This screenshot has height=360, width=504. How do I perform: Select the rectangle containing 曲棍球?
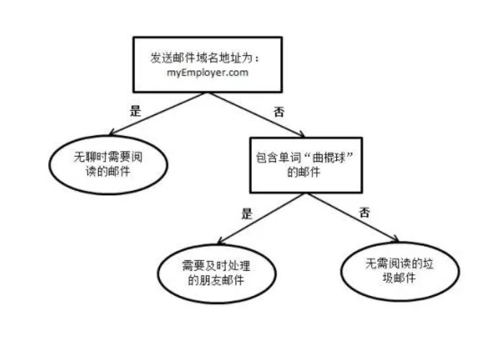pyautogui.click(x=306, y=164)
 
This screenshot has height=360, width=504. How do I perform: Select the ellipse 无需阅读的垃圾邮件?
pyautogui.click(x=392, y=269)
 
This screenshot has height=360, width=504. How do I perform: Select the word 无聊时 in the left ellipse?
pyautogui.click(x=91, y=156)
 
